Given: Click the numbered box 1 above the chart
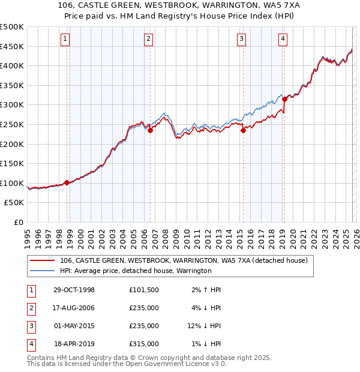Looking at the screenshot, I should coord(65,40).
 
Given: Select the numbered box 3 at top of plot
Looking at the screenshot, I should coord(241,40).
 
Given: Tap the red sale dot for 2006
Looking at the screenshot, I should coord(150,130).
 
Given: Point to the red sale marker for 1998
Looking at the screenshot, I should coord(67,182).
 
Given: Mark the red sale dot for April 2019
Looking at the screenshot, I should coord(284,99).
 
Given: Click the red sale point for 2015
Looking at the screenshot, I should coord(243,130).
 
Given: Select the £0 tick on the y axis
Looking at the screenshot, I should coord(18,222).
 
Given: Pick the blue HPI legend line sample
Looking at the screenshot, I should coord(43,271).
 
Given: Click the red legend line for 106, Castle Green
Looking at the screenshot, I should coord(43,260).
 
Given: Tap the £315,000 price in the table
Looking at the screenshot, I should coord(144,344).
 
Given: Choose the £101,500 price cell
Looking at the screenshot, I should coord(144,290).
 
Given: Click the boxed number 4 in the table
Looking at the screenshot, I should coord(30,344).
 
